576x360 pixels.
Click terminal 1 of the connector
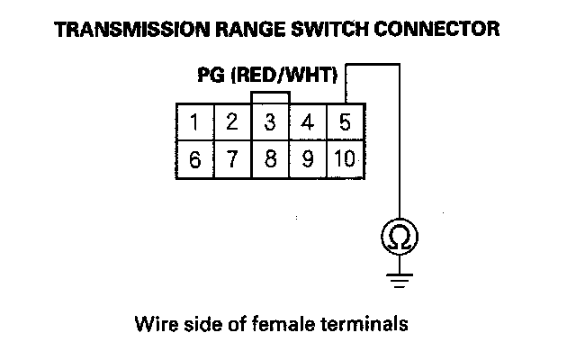194,121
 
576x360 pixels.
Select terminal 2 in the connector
231,121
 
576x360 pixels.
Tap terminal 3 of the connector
269,121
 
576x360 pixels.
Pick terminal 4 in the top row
307,121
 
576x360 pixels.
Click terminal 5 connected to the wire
344,121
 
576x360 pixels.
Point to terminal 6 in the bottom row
194,159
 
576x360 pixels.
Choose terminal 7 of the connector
231,159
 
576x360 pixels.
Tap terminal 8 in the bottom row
269,159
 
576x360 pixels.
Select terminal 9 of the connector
307,159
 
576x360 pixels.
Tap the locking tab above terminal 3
270,95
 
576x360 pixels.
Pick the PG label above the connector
211,76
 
